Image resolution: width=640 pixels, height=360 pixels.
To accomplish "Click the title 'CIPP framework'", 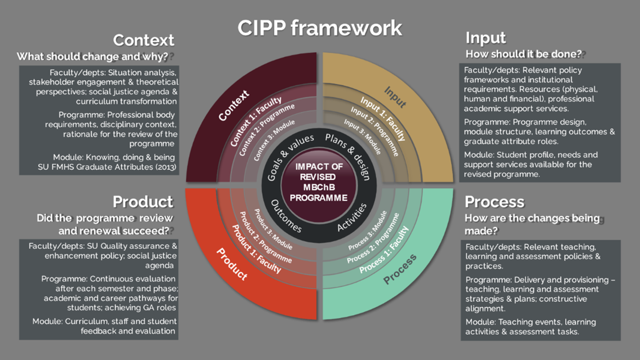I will [x=319, y=28].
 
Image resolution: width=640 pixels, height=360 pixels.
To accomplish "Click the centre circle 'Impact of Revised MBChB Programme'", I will [x=318, y=182].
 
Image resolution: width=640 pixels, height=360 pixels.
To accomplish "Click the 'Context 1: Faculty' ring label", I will [x=256, y=122].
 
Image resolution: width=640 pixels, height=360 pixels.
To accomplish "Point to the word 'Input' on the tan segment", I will [x=395, y=97].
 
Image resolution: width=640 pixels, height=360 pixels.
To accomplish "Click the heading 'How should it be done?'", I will [x=523, y=54].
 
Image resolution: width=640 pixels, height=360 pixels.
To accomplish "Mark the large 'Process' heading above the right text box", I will [x=494, y=202].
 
